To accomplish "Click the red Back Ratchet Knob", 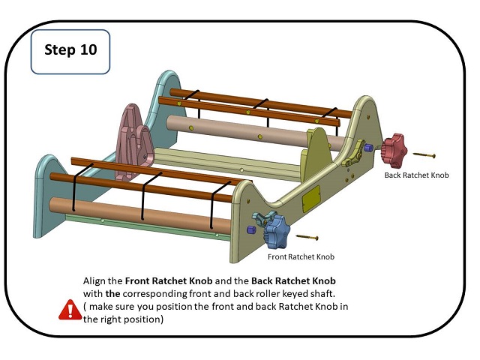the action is point(395,150).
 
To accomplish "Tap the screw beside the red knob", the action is point(424,155).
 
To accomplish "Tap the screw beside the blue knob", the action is point(307,237).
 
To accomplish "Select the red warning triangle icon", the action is point(70,310).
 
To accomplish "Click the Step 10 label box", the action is point(70,52).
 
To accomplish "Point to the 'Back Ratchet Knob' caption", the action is point(416,175).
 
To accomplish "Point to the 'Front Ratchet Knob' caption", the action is point(301,256).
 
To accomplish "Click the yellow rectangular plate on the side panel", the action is point(311,198).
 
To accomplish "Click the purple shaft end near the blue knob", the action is point(250,230).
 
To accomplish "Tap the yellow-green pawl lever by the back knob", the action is point(353,154).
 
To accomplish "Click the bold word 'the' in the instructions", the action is point(112,294).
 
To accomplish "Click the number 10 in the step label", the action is point(88,49).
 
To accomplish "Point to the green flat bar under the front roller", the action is point(147,226).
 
